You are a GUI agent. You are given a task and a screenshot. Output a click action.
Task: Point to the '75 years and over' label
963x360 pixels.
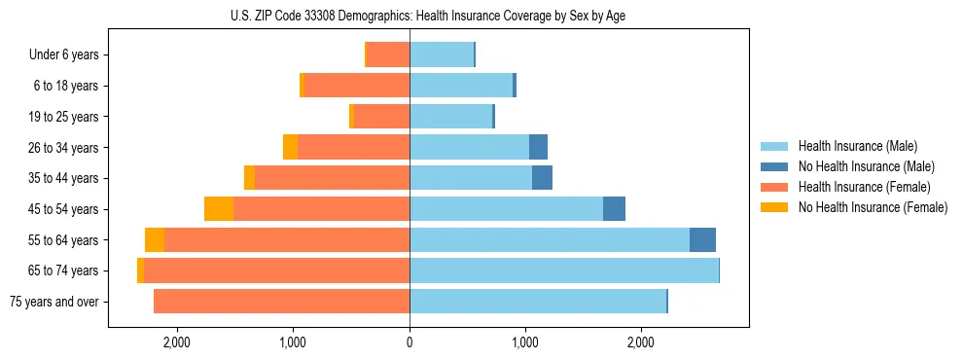click(x=54, y=302)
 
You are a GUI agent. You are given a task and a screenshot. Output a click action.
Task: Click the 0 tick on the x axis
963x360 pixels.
click(x=410, y=342)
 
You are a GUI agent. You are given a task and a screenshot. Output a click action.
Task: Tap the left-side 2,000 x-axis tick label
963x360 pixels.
click(x=177, y=342)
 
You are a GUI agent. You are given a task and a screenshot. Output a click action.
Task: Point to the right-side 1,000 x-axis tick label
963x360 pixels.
click(x=525, y=342)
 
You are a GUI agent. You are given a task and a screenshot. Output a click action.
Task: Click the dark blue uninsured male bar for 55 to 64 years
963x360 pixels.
click(x=702, y=240)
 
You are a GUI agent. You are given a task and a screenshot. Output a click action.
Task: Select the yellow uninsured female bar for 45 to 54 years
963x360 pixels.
click(x=219, y=209)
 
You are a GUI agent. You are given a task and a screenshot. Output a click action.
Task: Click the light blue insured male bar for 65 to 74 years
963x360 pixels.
click(x=564, y=270)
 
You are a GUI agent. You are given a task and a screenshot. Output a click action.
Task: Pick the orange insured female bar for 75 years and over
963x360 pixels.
click(x=282, y=302)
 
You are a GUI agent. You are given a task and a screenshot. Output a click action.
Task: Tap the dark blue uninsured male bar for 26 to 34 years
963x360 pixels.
click(x=538, y=148)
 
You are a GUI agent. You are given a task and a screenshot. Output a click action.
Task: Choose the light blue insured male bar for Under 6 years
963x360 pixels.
click(x=442, y=55)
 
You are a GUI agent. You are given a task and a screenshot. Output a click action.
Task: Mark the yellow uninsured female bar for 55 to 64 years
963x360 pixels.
click(x=155, y=240)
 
